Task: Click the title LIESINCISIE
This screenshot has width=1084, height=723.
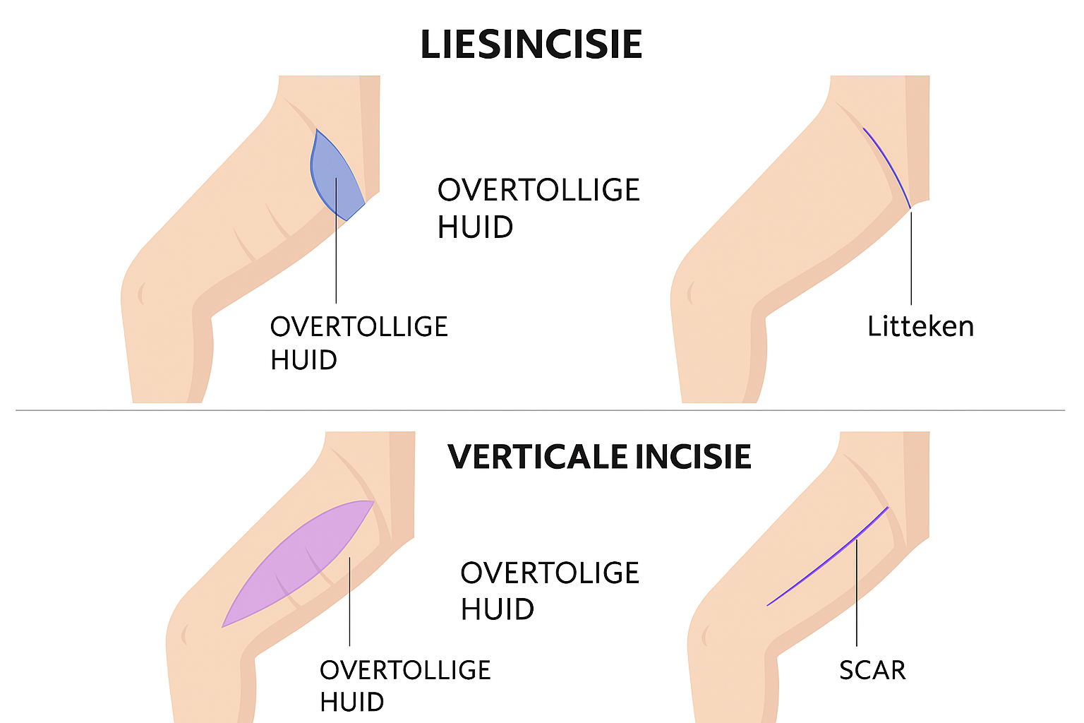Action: (x=531, y=44)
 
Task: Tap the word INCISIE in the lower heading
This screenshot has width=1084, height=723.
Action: (x=693, y=457)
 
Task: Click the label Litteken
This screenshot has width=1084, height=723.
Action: (x=920, y=327)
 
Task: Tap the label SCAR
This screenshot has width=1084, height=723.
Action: (x=872, y=670)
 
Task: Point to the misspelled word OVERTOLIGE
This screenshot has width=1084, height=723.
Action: (x=550, y=573)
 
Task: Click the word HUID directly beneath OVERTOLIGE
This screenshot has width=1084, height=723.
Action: (x=497, y=609)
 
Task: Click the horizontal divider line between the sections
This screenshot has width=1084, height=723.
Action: (x=540, y=410)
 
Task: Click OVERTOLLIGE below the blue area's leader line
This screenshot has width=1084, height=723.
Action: (x=359, y=327)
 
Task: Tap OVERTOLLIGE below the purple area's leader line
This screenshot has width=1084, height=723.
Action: (x=405, y=670)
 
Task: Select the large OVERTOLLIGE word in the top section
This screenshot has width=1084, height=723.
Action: (x=538, y=191)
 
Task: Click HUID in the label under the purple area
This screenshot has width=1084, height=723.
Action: (x=351, y=703)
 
